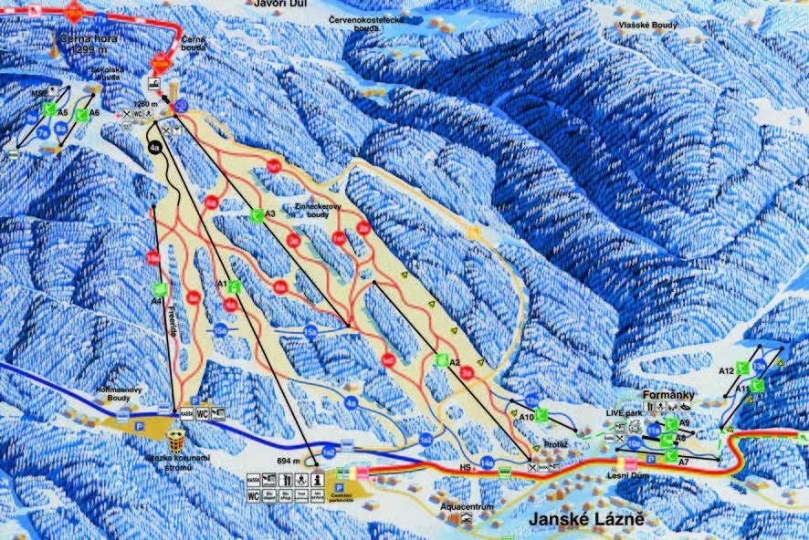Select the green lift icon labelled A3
[x=257, y=215]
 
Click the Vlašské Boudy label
[x=646, y=26]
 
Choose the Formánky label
[x=669, y=395]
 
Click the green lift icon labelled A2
[x=442, y=360]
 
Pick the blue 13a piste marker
[x=759, y=368]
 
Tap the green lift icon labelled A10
[x=541, y=415]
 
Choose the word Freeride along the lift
[x=171, y=320]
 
